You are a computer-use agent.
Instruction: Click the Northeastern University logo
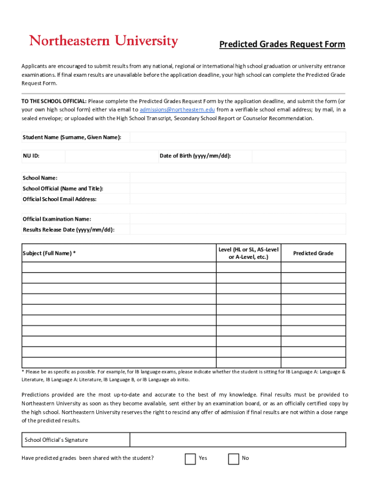103,41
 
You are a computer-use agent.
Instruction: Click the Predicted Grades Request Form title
282,44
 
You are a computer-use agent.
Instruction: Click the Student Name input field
237,137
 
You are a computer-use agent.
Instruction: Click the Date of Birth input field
298,156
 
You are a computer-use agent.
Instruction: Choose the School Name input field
237,178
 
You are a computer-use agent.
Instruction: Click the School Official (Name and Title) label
63,189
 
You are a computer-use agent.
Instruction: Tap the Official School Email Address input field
237,199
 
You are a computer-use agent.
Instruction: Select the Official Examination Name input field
237,219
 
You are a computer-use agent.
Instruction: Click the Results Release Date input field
237,230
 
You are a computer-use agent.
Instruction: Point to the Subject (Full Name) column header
49,253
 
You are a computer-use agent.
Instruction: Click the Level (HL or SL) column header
248,253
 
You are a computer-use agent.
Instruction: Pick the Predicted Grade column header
313,253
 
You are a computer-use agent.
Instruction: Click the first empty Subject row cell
119,267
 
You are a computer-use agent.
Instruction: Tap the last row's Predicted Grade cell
313,363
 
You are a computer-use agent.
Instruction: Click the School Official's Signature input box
237,440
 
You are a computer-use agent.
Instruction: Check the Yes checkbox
190,458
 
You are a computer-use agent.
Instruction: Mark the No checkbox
234,458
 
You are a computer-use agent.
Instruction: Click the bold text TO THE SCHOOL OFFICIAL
54,101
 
